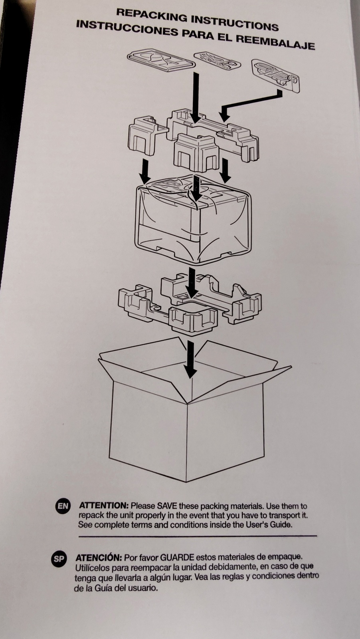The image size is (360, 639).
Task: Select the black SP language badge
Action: (x=59, y=559)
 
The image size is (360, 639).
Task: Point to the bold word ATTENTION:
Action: (x=104, y=505)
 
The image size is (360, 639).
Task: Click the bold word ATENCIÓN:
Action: (x=99, y=557)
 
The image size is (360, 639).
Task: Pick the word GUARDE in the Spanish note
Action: (x=177, y=557)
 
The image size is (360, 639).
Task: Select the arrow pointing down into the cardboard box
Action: (x=190, y=360)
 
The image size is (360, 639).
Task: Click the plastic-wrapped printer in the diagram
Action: (x=193, y=220)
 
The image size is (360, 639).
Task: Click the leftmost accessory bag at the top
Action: (x=161, y=60)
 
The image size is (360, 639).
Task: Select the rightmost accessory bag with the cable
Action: (x=276, y=75)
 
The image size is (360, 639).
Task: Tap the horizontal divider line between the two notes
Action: (x=198, y=537)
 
